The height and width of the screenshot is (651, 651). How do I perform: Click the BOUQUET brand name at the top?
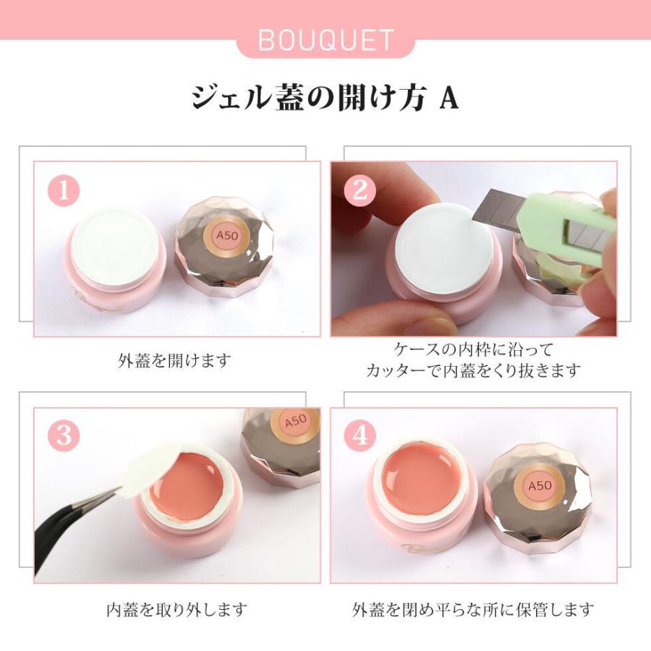tap(325, 41)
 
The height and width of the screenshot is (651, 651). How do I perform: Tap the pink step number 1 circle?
tap(64, 191)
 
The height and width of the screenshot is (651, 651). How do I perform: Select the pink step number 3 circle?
tap(64, 436)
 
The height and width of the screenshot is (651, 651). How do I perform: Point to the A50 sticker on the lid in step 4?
tap(536, 486)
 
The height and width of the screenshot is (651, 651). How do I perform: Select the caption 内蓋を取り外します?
tap(176, 609)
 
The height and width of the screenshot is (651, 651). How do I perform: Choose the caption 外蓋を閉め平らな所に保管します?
tap(473, 609)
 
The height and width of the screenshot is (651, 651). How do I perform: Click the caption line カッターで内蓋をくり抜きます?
tap(473, 370)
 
